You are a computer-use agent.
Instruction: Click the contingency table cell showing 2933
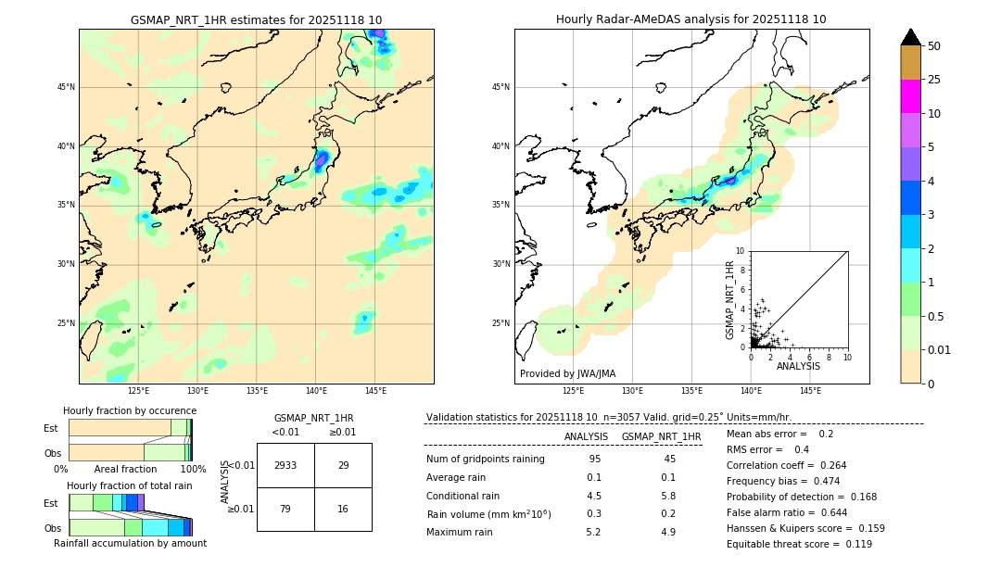(285, 465)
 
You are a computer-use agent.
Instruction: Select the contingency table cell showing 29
(343, 465)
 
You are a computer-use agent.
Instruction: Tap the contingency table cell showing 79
(285, 509)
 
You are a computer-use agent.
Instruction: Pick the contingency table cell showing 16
(343, 509)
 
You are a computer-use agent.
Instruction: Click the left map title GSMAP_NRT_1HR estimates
(256, 19)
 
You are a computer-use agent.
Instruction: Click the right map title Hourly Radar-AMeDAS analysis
(691, 19)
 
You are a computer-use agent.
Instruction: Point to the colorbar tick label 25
(934, 80)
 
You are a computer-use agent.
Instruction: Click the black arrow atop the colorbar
(910, 37)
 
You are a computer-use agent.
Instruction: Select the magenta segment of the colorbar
(910, 96)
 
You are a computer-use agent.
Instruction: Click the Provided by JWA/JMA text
(567, 373)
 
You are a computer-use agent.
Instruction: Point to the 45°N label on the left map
(66, 87)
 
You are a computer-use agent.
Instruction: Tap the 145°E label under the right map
(810, 391)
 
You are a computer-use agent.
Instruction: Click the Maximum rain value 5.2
(593, 532)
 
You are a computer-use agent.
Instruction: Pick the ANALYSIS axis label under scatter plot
(798, 366)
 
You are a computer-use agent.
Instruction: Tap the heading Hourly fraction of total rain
(130, 485)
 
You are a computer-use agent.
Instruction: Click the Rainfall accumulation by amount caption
(130, 543)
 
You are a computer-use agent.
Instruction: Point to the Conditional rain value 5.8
(667, 495)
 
